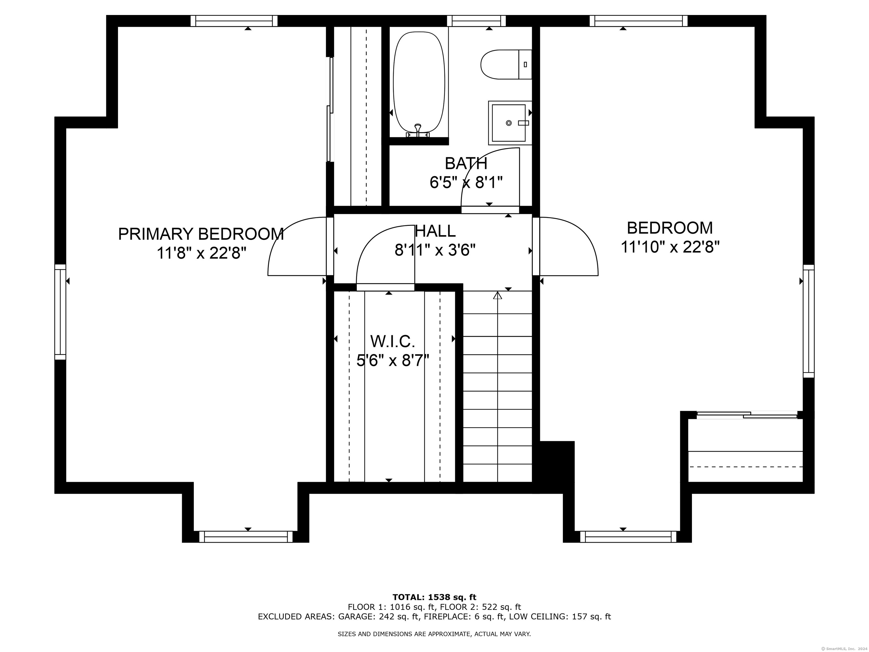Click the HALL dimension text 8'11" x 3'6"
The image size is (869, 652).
click(x=435, y=250)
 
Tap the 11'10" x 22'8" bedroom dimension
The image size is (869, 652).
click(x=670, y=247)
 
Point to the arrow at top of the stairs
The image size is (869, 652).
click(x=498, y=295)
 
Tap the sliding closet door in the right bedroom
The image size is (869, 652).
click(x=747, y=414)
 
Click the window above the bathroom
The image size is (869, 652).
click(x=476, y=21)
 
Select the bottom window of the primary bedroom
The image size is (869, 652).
click(x=246, y=537)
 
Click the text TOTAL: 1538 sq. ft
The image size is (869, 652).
click(x=434, y=597)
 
